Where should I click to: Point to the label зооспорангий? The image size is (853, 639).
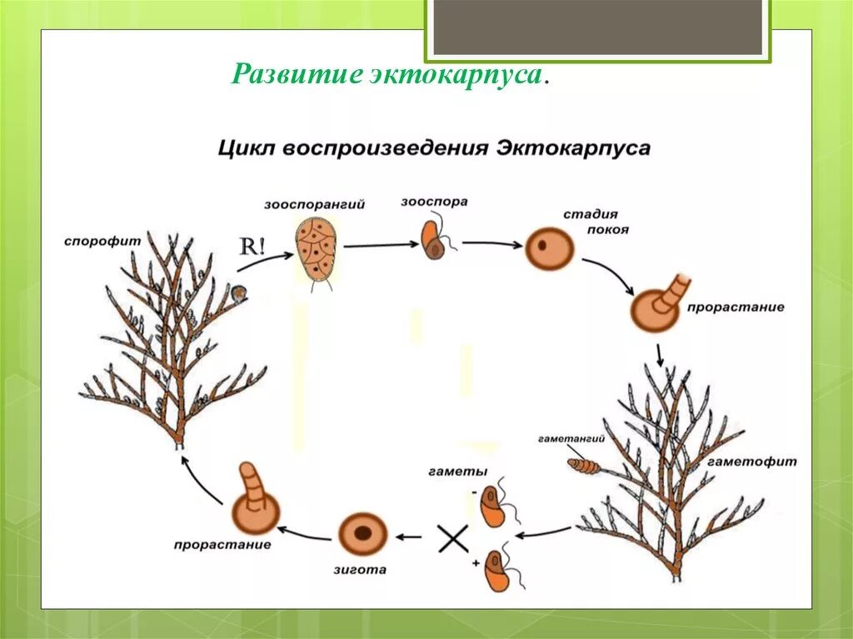pyautogui.click(x=314, y=204)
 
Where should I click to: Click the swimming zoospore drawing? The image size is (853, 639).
pyautogui.click(x=435, y=238)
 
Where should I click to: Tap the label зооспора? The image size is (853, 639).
pyautogui.click(x=434, y=201)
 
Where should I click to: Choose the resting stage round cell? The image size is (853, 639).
pyautogui.click(x=550, y=247)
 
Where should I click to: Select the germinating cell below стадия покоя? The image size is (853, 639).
pyautogui.click(x=657, y=307)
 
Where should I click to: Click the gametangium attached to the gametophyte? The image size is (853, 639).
pyautogui.click(x=583, y=464)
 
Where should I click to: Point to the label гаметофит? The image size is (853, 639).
pyautogui.click(x=753, y=461)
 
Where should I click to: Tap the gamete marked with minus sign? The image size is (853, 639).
pyautogui.click(x=495, y=507)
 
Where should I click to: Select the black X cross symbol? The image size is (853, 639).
pyautogui.click(x=453, y=539)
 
